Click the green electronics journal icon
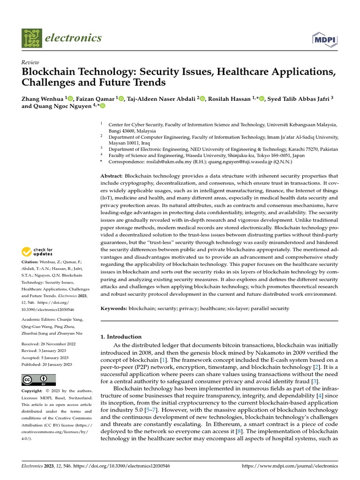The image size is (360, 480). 31,39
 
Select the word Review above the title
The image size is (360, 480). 30,62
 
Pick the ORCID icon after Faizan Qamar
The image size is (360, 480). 121,98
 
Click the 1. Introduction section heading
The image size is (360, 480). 121,337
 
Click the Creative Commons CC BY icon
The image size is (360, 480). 39,380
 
